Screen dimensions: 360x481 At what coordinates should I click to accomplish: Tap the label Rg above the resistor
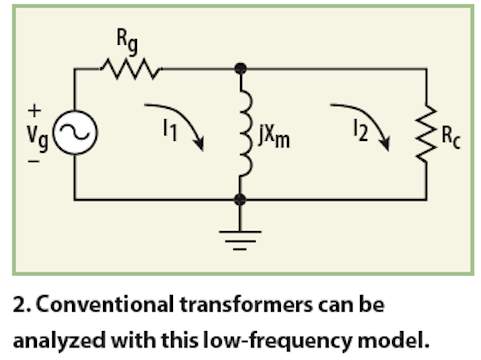click(127, 41)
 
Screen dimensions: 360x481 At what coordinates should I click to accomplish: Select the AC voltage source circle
click(75, 132)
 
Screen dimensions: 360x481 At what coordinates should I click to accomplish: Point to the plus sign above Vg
click(34, 111)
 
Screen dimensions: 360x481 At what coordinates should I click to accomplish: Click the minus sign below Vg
click(34, 161)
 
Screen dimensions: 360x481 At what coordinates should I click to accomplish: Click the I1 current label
click(170, 130)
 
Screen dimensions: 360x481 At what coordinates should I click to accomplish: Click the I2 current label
click(361, 130)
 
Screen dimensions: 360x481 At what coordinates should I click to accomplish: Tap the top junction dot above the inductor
click(240, 69)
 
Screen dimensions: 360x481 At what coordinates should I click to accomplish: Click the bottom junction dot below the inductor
click(240, 200)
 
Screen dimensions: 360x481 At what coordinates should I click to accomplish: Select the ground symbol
click(240, 239)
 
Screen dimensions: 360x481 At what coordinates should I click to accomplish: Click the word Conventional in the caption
click(105, 305)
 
